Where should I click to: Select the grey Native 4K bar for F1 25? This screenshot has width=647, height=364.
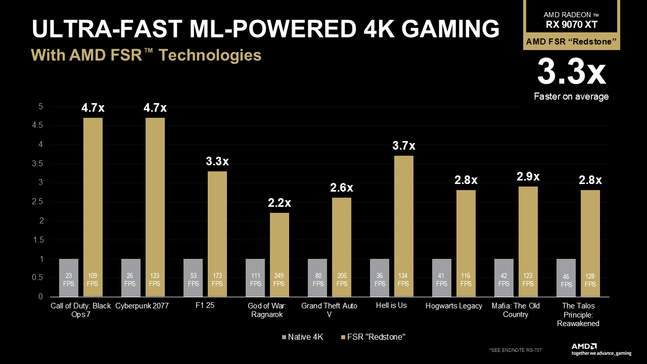click(193, 278)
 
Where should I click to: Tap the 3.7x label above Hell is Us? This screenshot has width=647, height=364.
click(404, 146)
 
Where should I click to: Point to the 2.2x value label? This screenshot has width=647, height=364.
click(280, 203)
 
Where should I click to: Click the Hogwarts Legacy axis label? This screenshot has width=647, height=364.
click(453, 306)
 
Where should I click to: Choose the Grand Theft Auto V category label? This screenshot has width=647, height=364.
click(329, 310)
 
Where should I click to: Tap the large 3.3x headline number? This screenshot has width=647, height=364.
click(571, 72)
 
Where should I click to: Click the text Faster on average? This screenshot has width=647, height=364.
click(571, 97)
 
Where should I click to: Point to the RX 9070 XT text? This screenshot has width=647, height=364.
click(571, 24)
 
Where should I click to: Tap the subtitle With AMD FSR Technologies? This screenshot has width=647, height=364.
click(146, 55)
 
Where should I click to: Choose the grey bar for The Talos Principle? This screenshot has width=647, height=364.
click(566, 278)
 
